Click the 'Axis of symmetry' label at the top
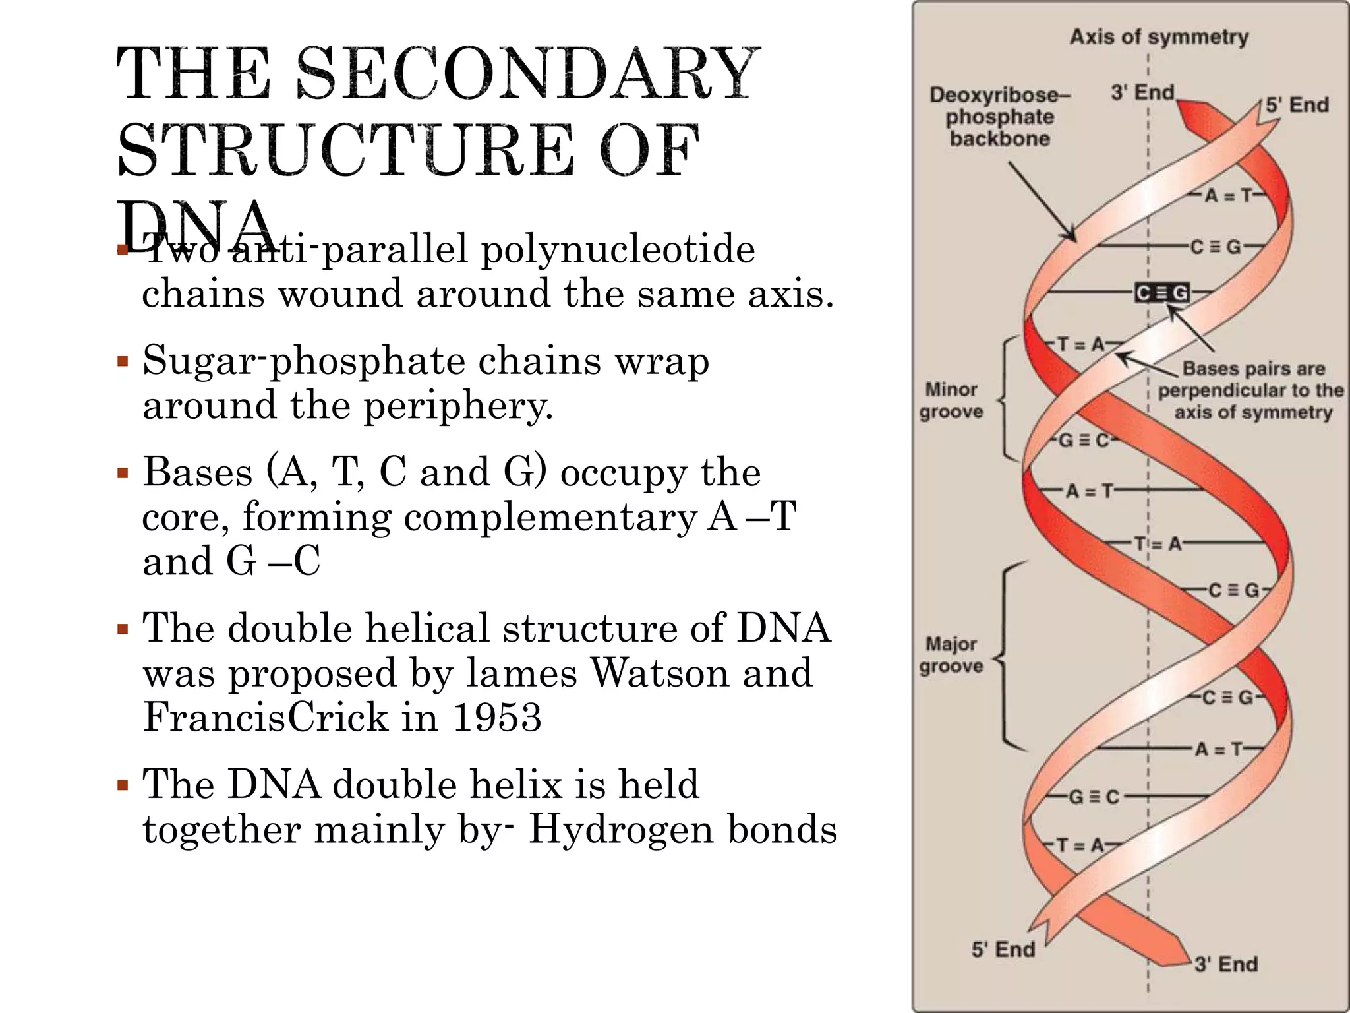tap(1158, 37)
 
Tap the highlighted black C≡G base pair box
tap(1161, 293)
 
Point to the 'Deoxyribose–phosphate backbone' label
tap(999, 117)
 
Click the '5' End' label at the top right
tap(1297, 105)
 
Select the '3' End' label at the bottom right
tap(1225, 964)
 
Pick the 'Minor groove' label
tap(951, 400)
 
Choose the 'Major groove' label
tap(951, 654)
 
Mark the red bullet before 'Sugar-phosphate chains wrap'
tap(122, 361)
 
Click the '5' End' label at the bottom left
tap(1003, 950)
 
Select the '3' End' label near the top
tap(1142, 92)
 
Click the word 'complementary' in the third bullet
tap(550, 517)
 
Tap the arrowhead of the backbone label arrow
tap(1072, 237)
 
